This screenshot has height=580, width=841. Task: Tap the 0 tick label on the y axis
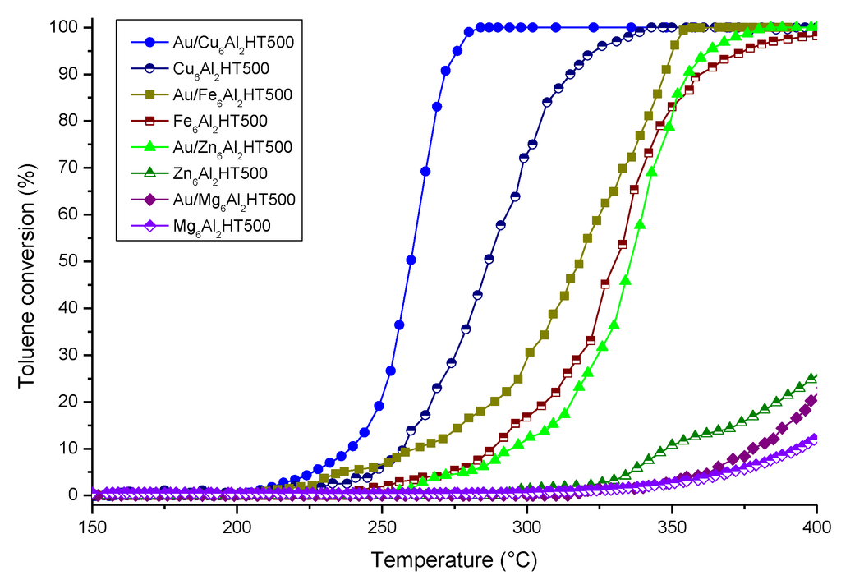click(77, 495)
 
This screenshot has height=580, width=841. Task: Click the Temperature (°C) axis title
click(454, 560)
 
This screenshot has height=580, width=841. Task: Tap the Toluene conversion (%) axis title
click(27, 261)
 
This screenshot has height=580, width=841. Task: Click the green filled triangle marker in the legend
click(150, 147)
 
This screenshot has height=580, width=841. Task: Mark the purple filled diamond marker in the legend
click(150, 199)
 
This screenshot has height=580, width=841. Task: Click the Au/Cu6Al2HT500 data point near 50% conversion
click(411, 260)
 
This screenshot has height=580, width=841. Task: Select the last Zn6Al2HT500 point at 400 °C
click(815, 378)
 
